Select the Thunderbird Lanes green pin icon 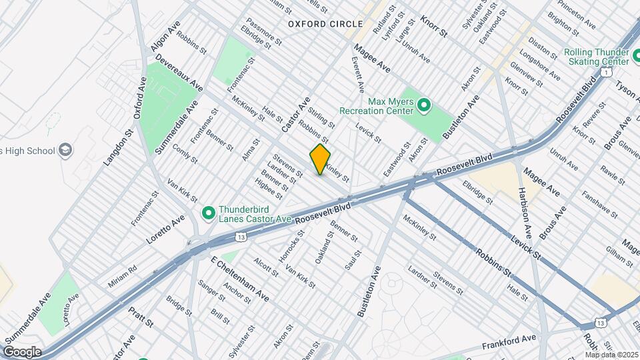coord(209,213)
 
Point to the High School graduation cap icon coord(65,151)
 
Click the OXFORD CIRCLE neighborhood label coord(316,24)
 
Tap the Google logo coord(22,352)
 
